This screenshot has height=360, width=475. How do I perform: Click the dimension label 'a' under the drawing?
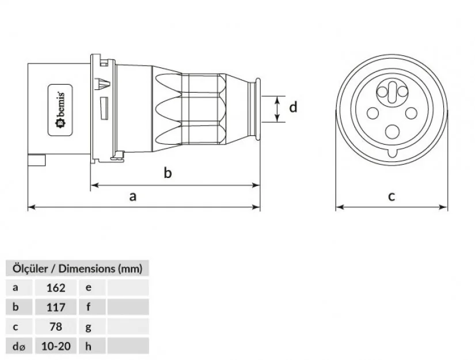click(x=133, y=196)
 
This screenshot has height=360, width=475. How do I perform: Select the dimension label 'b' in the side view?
click(x=168, y=173)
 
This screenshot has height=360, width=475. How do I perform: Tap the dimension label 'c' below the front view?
click(x=392, y=196)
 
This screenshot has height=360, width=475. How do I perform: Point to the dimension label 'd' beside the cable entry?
click(x=293, y=107)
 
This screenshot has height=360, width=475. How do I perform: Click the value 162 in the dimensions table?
click(x=55, y=287)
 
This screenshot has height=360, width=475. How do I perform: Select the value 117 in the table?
click(x=55, y=307)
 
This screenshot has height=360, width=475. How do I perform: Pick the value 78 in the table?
click(x=55, y=327)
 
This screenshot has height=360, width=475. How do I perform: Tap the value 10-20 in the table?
click(x=55, y=346)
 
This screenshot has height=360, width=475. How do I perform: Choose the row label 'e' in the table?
click(x=88, y=287)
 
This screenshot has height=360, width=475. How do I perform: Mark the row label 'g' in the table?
click(x=88, y=327)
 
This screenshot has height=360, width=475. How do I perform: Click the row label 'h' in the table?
click(x=88, y=346)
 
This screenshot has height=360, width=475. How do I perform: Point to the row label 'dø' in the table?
click(x=17, y=346)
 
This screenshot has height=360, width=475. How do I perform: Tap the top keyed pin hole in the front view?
click(x=392, y=93)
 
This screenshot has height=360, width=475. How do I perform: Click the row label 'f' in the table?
click(x=88, y=307)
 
